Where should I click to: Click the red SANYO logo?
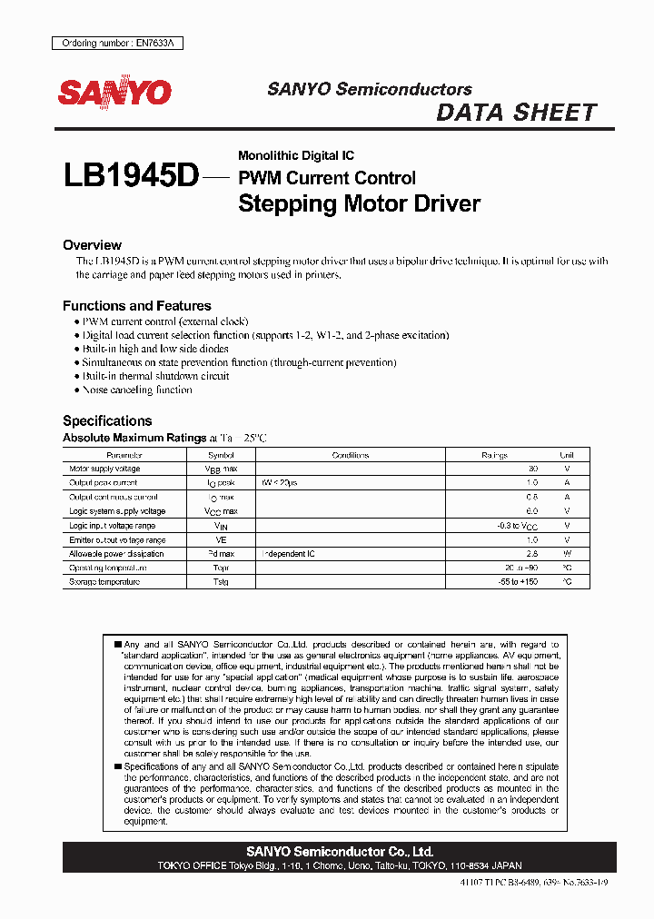114,94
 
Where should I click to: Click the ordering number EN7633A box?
104,44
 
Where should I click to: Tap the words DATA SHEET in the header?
516,113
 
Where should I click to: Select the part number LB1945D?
131,175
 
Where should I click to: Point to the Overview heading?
92,245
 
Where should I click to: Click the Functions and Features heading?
136,306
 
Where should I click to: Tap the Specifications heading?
107,420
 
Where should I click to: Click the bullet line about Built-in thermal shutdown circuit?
155,376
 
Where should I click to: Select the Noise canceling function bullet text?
137,390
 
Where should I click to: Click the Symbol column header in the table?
221,455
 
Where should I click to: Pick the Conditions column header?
351,455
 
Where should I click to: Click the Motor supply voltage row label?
105,469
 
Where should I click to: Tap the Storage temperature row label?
104,581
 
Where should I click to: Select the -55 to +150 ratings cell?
519,581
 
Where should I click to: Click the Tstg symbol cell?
221,581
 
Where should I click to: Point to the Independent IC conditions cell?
289,553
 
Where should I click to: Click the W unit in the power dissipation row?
567,553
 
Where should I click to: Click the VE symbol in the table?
221,539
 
